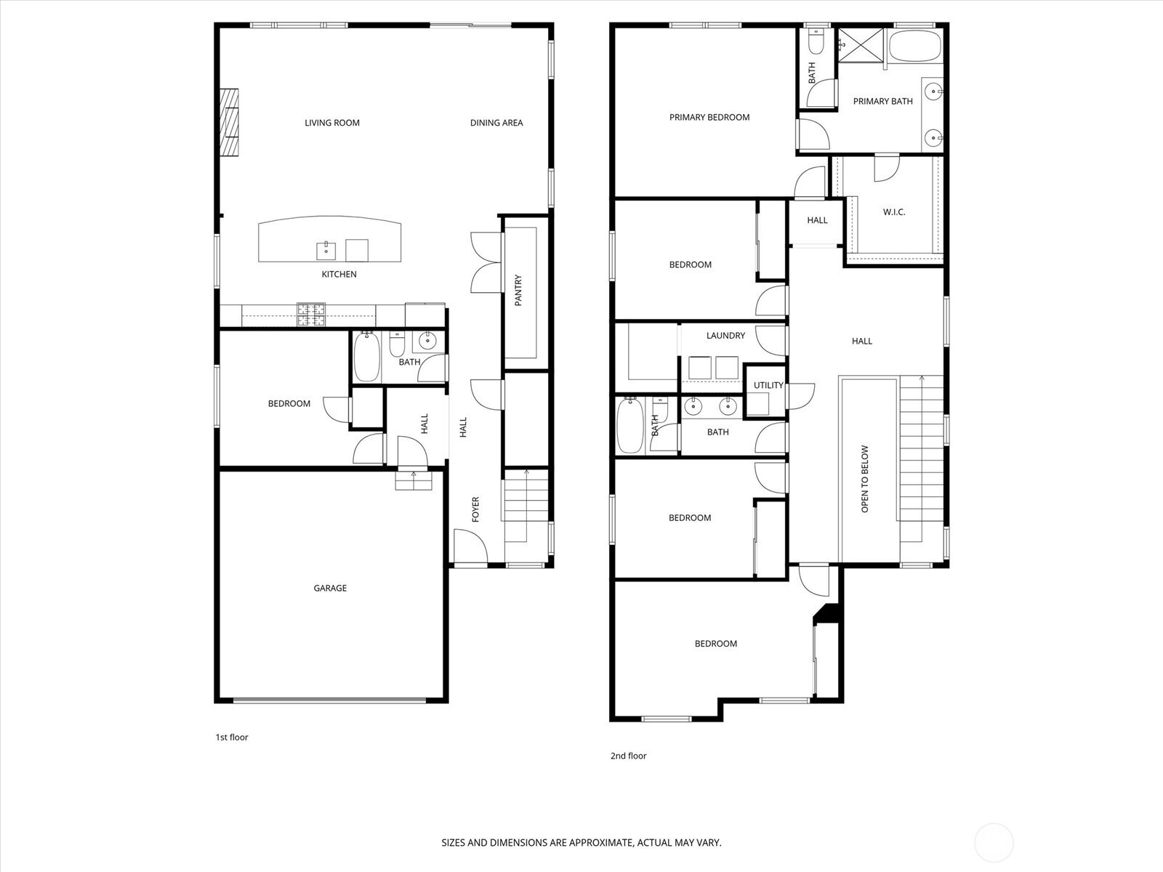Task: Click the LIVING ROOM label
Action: coord(331,123)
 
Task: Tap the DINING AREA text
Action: coord(496,123)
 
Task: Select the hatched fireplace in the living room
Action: coord(230,122)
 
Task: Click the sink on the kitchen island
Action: coord(326,251)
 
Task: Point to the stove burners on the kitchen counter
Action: coord(311,315)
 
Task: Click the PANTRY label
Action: coord(518,290)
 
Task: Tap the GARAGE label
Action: coord(330,588)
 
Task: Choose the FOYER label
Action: coord(475,509)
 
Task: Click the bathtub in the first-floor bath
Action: coord(366,356)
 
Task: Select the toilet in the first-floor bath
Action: coord(397,344)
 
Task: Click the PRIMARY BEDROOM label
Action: coord(709,118)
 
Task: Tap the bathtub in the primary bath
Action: coord(915,46)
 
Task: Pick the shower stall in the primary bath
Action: coord(861,45)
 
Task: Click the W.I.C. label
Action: coord(894,212)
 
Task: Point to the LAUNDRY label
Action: coord(725,336)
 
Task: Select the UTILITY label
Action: coord(768,385)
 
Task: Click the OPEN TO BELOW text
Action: coord(865,479)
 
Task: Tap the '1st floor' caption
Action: coord(232,737)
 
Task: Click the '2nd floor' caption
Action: coord(629,756)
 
